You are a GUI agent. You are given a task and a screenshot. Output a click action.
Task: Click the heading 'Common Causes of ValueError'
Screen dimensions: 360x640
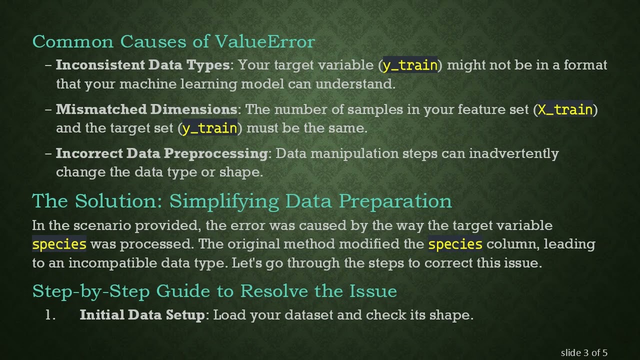[x=173, y=41]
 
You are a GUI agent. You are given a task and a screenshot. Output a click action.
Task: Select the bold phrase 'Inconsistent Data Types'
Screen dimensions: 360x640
[x=142, y=65]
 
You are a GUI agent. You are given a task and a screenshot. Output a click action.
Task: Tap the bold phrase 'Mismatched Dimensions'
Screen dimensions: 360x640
[x=146, y=109]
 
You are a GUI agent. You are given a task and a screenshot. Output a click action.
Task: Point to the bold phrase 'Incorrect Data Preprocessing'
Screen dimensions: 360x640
[x=161, y=153]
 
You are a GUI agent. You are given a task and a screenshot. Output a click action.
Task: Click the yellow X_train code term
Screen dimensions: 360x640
[x=565, y=109]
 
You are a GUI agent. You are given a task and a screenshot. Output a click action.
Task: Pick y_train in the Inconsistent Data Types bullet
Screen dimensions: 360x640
[x=410, y=65]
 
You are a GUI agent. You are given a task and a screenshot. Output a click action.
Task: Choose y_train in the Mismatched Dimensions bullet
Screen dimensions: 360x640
[x=209, y=128]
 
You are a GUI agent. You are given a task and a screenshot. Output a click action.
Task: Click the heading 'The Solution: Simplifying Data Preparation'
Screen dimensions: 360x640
[x=242, y=201]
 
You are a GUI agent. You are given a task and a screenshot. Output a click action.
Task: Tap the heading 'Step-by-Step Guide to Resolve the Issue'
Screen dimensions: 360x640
[x=214, y=291]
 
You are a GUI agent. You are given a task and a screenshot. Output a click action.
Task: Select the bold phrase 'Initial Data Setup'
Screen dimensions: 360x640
[x=142, y=315]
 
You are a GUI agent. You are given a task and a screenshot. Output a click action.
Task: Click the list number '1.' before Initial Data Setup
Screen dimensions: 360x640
[x=50, y=315]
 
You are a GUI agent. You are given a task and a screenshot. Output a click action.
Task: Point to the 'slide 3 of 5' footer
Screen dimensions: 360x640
[x=584, y=353]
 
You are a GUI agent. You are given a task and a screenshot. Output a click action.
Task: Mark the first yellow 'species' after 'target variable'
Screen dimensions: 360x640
[x=59, y=244]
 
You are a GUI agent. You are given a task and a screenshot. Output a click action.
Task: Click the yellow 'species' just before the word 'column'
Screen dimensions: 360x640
[x=455, y=244]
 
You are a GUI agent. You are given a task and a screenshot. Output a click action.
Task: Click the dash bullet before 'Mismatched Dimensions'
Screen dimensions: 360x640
[x=48, y=109]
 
